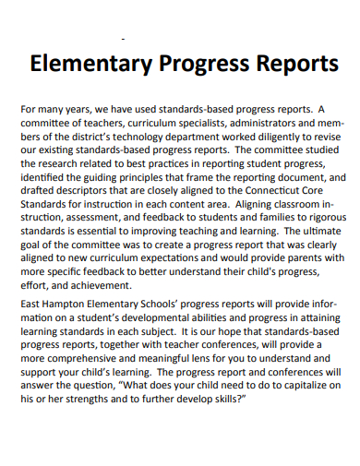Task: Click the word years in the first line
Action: tap(89, 108)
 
